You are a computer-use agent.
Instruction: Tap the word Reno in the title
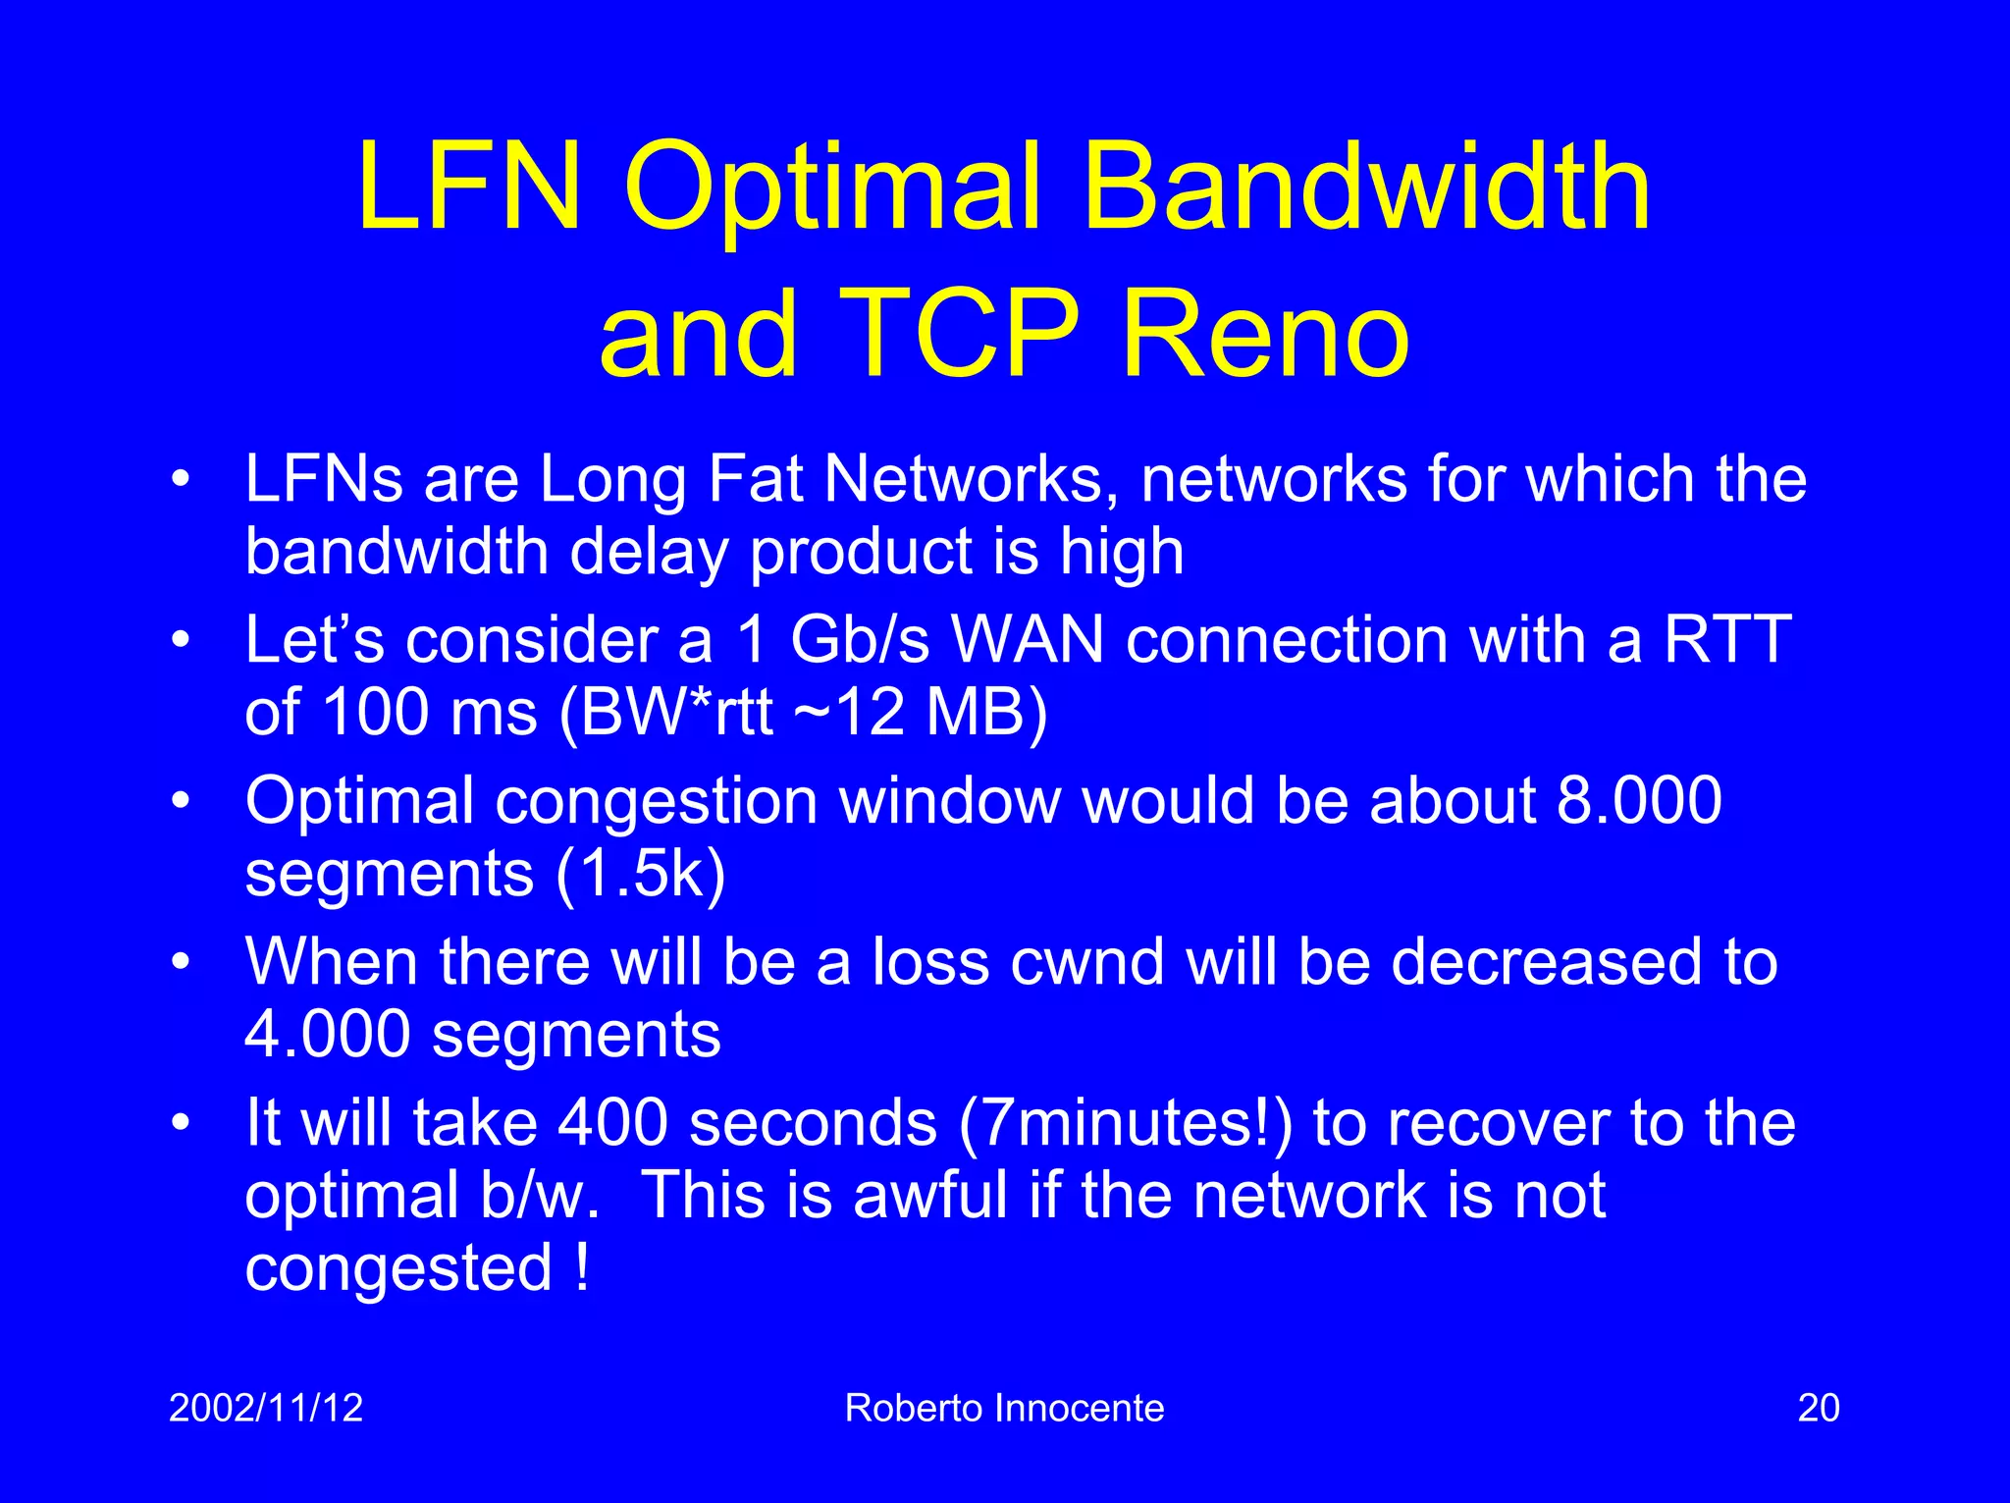coord(1265,333)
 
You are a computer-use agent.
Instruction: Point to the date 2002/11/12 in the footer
coord(266,1408)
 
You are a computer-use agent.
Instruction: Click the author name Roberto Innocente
coord(1004,1408)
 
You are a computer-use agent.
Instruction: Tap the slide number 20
coord(1818,1408)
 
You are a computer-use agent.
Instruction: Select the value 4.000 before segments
coord(327,1034)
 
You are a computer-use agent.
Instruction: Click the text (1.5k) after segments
coord(641,873)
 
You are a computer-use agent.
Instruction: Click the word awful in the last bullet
coord(930,1195)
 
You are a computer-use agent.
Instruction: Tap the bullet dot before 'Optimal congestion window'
coord(180,801)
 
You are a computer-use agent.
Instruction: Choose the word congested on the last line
coord(398,1268)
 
